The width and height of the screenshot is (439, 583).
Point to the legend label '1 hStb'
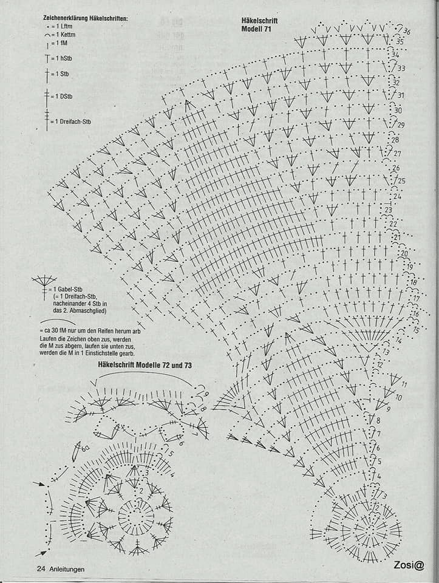point(62,58)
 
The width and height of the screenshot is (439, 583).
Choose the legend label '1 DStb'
point(63,97)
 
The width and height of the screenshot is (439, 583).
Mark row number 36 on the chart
point(406,31)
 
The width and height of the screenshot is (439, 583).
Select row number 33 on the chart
point(401,68)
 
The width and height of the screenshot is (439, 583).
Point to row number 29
point(401,125)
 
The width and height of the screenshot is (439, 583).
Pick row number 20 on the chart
point(404,253)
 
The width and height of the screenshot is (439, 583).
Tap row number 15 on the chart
point(417,330)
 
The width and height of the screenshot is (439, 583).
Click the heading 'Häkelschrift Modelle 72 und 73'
point(145,366)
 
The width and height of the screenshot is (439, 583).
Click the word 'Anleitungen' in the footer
point(67,569)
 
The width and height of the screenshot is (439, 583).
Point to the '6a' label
point(85,448)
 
